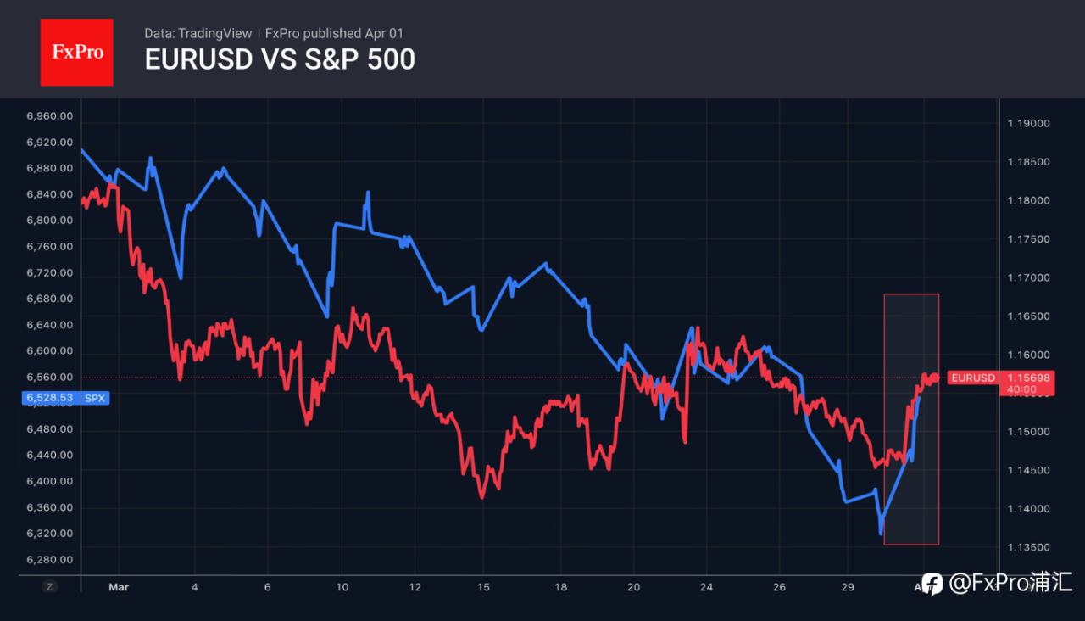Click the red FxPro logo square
click(x=76, y=52)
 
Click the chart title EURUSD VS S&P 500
click(x=280, y=60)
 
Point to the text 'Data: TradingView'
click(x=198, y=33)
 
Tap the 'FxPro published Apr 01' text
click(x=334, y=33)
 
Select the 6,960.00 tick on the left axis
click(x=49, y=116)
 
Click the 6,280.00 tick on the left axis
click(x=49, y=560)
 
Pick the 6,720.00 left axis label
click(x=49, y=273)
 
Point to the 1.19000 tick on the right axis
click(x=1028, y=124)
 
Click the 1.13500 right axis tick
click(x=1028, y=547)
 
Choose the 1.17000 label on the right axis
click(x=1028, y=278)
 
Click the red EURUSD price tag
click(x=972, y=378)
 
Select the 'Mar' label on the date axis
click(x=120, y=586)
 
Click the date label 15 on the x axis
click(x=483, y=586)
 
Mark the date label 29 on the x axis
click(x=848, y=586)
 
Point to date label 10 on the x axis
click(x=342, y=586)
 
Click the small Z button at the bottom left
click(x=50, y=586)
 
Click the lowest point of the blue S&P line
click(x=881, y=533)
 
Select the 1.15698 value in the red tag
click(x=1027, y=378)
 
